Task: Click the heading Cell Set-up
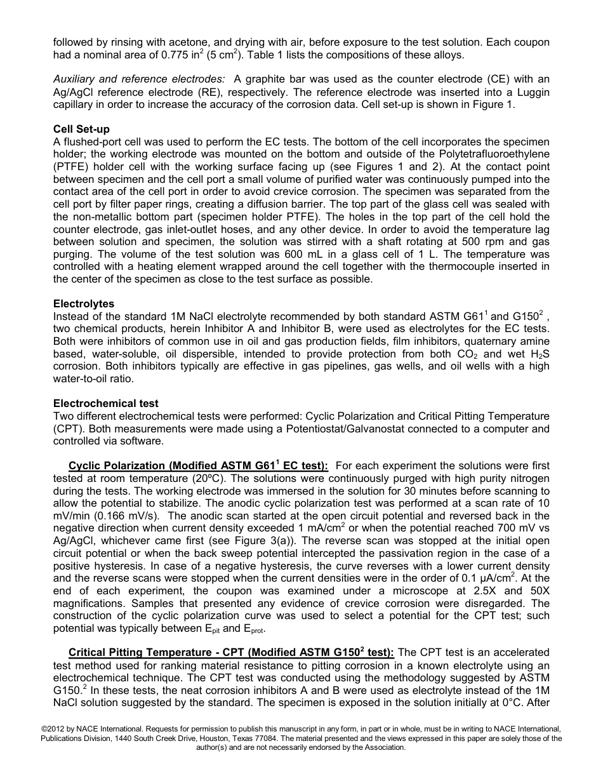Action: [x=81, y=130]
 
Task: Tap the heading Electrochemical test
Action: [x=106, y=403]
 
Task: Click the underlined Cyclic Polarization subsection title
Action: [x=198, y=466]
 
